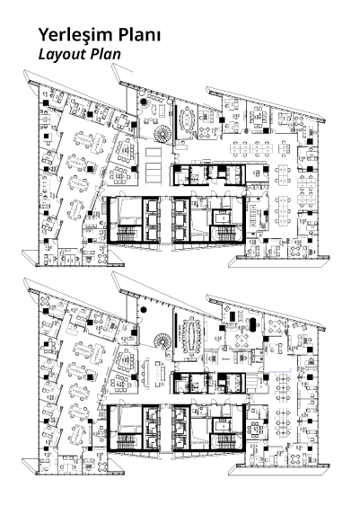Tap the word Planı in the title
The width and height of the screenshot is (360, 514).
[x=139, y=34]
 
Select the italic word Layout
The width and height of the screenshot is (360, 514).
[x=62, y=55]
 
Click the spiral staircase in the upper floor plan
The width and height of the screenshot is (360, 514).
[x=162, y=134]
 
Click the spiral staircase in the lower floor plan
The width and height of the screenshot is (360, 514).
[x=162, y=341]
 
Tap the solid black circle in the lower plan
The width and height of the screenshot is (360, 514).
[x=143, y=309]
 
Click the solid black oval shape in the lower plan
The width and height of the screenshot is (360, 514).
[x=253, y=323]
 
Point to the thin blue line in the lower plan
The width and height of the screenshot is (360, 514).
[x=280, y=372]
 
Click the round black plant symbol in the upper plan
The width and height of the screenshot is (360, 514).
[x=143, y=102]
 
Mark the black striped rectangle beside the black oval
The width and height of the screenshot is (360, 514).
[x=233, y=316]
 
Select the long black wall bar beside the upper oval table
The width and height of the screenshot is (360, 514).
[x=176, y=120]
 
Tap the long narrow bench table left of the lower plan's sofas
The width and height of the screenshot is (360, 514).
[x=146, y=372]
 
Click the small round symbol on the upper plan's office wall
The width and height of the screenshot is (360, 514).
[x=246, y=131]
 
